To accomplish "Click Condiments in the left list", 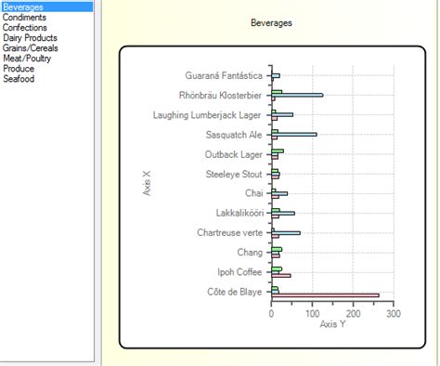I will click(24, 18).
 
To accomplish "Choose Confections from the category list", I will click(26, 28).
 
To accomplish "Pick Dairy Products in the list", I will click(30, 38).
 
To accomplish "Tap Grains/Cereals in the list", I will click(29, 48).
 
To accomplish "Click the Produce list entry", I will click(19, 69).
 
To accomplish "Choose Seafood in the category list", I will click(19, 79).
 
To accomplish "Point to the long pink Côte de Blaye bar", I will click(325, 295).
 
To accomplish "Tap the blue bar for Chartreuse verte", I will click(287, 233).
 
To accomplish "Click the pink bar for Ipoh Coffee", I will click(281, 276).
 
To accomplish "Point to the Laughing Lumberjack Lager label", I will click(207, 115).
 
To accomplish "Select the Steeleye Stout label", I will click(234, 174).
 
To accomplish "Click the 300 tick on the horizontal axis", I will click(393, 314).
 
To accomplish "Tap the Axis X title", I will click(148, 182).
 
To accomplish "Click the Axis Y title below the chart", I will click(332, 325).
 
